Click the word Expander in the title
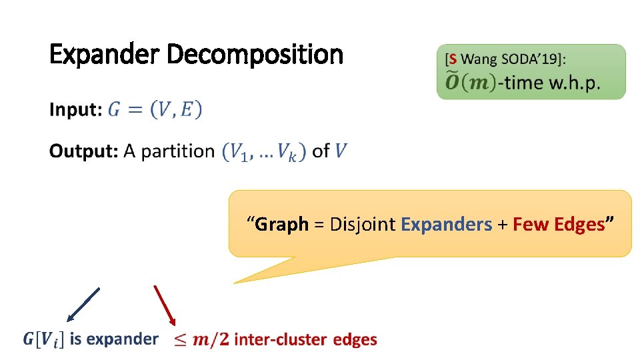(105, 55)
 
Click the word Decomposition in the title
(255, 55)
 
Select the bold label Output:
(84, 151)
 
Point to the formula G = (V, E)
(155, 110)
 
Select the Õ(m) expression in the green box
(470, 82)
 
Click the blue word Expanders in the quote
(446, 225)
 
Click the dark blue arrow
(83, 304)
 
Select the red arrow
(165, 305)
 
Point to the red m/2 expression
(210, 340)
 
